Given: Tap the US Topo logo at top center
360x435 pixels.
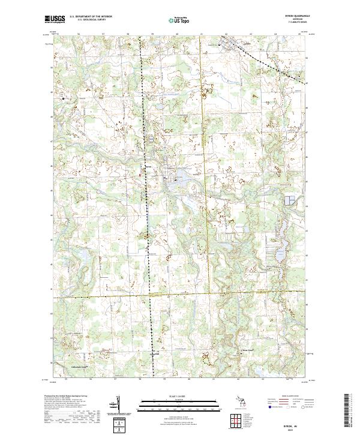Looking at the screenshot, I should pos(179,20).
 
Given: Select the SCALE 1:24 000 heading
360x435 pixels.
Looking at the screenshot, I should pos(179,395).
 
